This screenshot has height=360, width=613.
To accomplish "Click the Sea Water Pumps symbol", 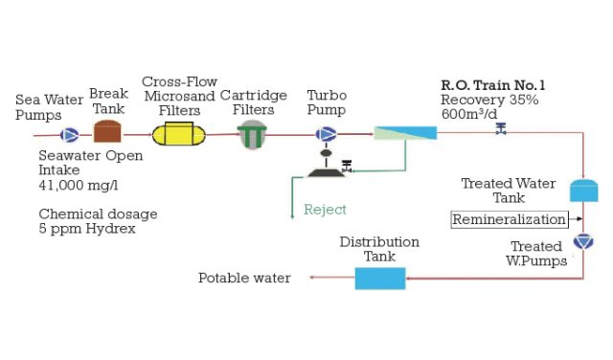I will click(70, 134).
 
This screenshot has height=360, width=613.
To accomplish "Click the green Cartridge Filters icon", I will click(252, 134).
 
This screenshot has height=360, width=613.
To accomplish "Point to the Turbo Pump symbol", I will click(327, 134).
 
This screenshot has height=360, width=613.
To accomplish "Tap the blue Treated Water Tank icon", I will click(583, 190).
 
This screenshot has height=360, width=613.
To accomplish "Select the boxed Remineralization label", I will click(509, 219).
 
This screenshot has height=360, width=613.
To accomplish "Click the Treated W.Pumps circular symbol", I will click(582, 241).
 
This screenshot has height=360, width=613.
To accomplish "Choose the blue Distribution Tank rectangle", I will click(380, 278).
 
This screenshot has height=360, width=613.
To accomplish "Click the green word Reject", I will click(325, 210).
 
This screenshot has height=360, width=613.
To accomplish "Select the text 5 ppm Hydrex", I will click(86, 229).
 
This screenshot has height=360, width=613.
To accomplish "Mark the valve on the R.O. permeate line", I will click(500, 129).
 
